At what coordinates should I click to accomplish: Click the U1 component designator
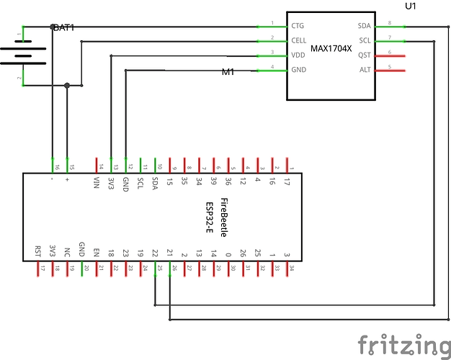411,6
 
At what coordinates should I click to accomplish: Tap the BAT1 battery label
63,27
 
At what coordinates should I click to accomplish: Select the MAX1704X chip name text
331,49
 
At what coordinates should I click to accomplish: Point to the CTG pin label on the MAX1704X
298,26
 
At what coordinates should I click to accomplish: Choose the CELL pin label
298,40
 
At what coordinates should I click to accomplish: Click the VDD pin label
298,55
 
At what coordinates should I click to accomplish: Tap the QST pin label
363,55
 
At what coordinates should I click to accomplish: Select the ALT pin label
364,70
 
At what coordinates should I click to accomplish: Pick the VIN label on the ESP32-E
97,181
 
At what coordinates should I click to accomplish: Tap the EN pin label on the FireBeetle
97,253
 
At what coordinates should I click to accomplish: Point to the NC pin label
67,253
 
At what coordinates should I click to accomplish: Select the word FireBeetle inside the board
224,217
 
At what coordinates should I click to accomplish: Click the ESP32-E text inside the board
210,217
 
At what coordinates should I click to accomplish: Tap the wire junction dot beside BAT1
67,86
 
